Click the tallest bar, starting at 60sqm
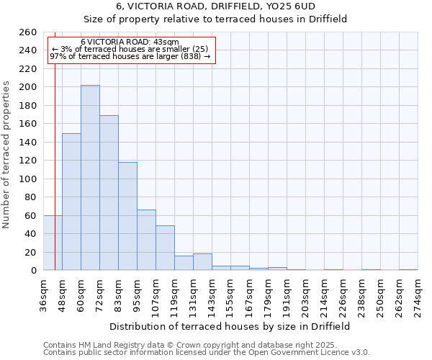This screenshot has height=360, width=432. pos(90,178)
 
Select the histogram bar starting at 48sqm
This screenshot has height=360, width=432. pos(71,202)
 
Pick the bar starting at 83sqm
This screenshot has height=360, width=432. pos(127,216)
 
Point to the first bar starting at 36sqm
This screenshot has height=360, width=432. pos(53,243)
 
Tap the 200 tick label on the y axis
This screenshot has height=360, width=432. pos(29,87)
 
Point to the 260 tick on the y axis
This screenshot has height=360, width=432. pos(29,32)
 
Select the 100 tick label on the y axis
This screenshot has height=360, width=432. pos(29,179)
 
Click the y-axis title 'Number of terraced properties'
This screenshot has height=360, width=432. pos(7,154)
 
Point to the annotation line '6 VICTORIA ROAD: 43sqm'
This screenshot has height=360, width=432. pos(130,42)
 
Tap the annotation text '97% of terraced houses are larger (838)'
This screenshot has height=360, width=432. pos(130,56)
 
